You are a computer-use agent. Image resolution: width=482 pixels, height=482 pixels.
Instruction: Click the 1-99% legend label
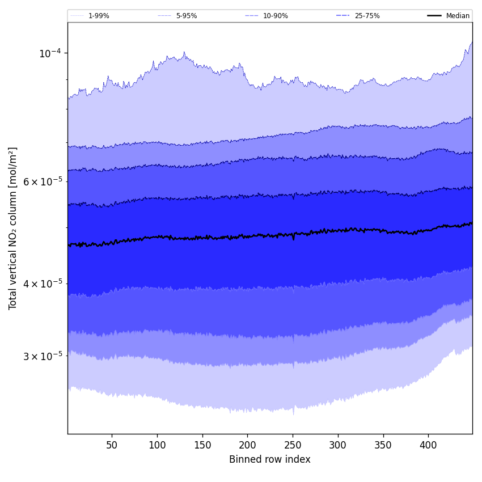[x=99, y=16]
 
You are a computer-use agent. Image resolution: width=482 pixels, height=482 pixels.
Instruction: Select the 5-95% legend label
[x=187, y=16]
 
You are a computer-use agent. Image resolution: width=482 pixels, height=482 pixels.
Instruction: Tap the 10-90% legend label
[x=275, y=16]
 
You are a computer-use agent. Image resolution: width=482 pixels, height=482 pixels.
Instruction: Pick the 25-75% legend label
[x=367, y=16]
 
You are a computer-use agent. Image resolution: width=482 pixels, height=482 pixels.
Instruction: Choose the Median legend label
[x=458, y=16]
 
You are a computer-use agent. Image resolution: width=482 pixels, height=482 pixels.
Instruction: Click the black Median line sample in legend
[x=434, y=16]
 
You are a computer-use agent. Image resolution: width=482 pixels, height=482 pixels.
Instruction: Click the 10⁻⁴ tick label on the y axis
[x=49, y=53]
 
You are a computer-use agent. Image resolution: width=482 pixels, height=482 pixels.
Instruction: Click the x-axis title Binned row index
[x=270, y=459]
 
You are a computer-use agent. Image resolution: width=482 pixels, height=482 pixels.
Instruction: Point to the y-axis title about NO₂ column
[x=12, y=228]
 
